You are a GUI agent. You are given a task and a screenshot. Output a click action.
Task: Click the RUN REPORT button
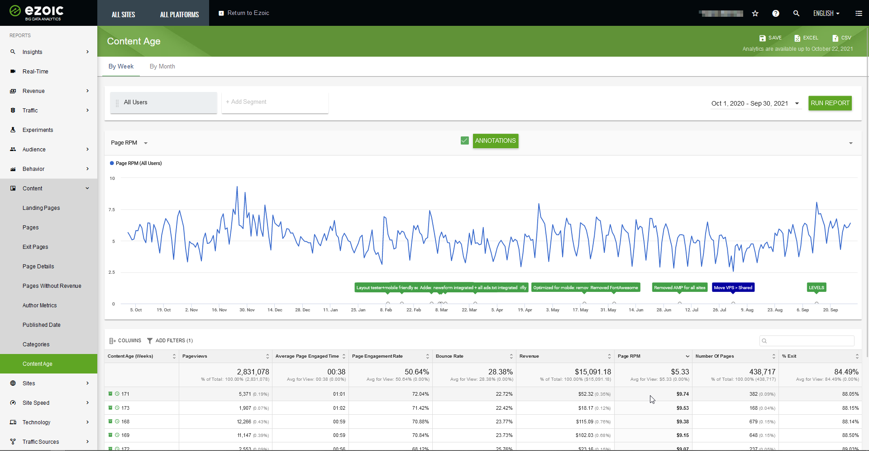pyautogui.click(x=830, y=103)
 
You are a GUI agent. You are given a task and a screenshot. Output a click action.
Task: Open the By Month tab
pyautogui.click(x=162, y=66)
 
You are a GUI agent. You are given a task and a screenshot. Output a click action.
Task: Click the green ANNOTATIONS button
pyautogui.click(x=495, y=141)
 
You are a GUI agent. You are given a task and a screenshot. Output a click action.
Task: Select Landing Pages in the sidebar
pyautogui.click(x=41, y=208)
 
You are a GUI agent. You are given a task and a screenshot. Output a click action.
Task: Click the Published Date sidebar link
pyautogui.click(x=41, y=325)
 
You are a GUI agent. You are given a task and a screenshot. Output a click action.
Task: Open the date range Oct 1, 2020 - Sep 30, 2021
pyautogui.click(x=754, y=103)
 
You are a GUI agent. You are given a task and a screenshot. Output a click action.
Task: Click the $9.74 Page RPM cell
pyautogui.click(x=683, y=394)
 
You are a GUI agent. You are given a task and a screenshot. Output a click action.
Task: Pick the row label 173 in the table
pyautogui.click(x=125, y=408)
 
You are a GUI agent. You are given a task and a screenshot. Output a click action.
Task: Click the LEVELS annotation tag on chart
pyautogui.click(x=816, y=287)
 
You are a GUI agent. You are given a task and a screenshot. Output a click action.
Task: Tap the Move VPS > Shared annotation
pyautogui.click(x=733, y=287)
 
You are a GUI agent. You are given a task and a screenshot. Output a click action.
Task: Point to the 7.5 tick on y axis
pyautogui.click(x=112, y=209)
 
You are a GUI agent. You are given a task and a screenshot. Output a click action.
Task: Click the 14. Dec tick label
pyautogui.click(x=275, y=310)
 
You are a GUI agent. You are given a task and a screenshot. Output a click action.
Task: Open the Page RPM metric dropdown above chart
pyautogui.click(x=129, y=143)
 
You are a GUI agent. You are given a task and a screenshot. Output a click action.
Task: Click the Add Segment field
pyautogui.click(x=274, y=102)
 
